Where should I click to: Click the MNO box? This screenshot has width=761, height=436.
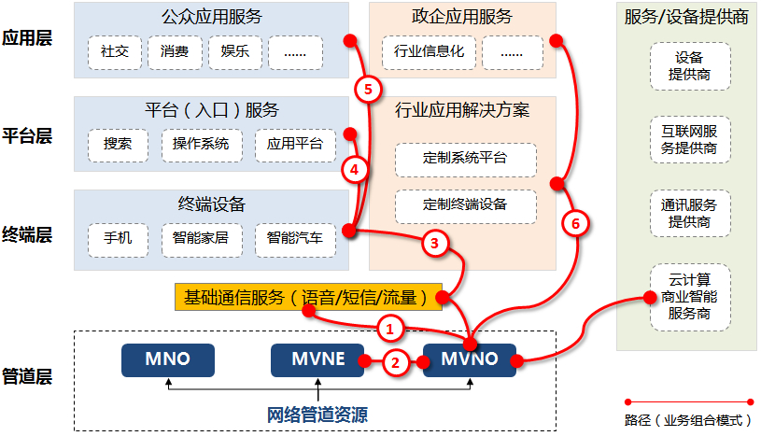168,359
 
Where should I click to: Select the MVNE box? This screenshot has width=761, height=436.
317,359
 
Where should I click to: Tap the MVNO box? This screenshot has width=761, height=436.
468,359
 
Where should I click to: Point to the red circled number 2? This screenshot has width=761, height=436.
398,363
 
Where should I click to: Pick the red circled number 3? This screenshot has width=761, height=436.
434,244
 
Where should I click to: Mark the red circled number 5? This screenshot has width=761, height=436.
368,90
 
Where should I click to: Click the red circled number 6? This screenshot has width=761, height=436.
575,223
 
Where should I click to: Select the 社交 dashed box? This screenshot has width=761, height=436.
116,51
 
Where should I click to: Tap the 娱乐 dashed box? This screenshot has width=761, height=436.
235,51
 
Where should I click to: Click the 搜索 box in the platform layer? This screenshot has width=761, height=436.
118,144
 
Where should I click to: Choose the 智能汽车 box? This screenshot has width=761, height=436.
295,239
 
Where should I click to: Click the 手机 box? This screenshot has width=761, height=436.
118,239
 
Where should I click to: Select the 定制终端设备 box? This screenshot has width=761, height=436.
466,204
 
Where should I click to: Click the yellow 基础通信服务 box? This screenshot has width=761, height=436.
306,298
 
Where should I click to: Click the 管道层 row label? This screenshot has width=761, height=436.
26,377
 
